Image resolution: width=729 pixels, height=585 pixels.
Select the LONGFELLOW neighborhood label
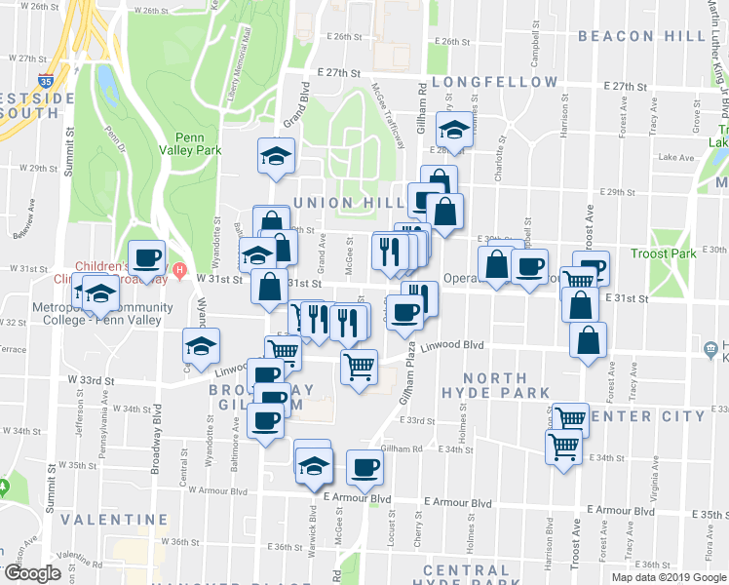(x=495, y=82)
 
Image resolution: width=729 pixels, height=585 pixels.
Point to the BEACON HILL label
(x=641, y=36)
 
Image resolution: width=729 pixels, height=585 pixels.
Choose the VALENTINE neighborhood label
(x=100, y=520)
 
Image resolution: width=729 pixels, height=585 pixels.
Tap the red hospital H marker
(x=179, y=269)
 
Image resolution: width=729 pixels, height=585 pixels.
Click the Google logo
(x=31, y=573)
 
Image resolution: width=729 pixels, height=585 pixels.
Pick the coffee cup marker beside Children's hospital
(x=146, y=258)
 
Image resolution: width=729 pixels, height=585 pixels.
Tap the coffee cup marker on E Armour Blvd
(x=365, y=467)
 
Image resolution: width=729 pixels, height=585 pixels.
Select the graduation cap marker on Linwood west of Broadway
(x=202, y=345)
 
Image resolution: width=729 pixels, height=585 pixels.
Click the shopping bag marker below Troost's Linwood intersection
(x=588, y=339)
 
